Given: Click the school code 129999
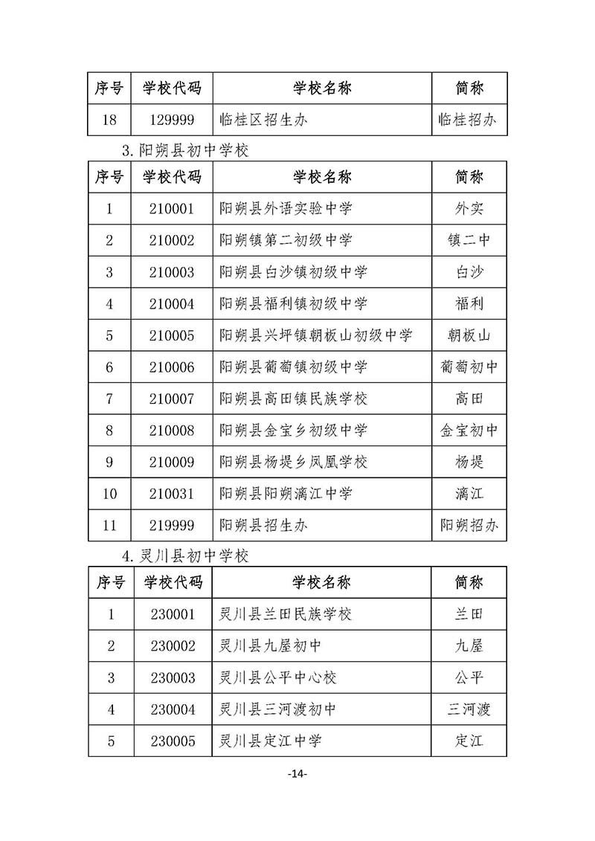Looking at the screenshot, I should point(172,120).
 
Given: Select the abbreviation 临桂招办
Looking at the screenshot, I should point(469,120).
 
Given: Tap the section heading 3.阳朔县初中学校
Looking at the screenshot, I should point(185,150).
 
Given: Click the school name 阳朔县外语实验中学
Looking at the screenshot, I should point(286,209).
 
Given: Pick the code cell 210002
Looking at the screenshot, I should point(172,240).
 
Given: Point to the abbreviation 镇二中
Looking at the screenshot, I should point(469,240).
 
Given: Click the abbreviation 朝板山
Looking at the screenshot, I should point(469,335).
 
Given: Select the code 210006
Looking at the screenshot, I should point(172,367).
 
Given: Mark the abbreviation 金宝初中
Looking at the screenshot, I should point(469,431).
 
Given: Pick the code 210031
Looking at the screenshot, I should point(172,494).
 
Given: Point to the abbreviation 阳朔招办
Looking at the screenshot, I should point(469,526).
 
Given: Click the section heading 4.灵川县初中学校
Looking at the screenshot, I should point(185,555).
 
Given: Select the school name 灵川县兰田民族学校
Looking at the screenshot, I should point(286,614).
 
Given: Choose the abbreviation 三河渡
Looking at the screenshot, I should point(469,709).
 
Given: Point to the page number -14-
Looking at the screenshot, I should point(297,774).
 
